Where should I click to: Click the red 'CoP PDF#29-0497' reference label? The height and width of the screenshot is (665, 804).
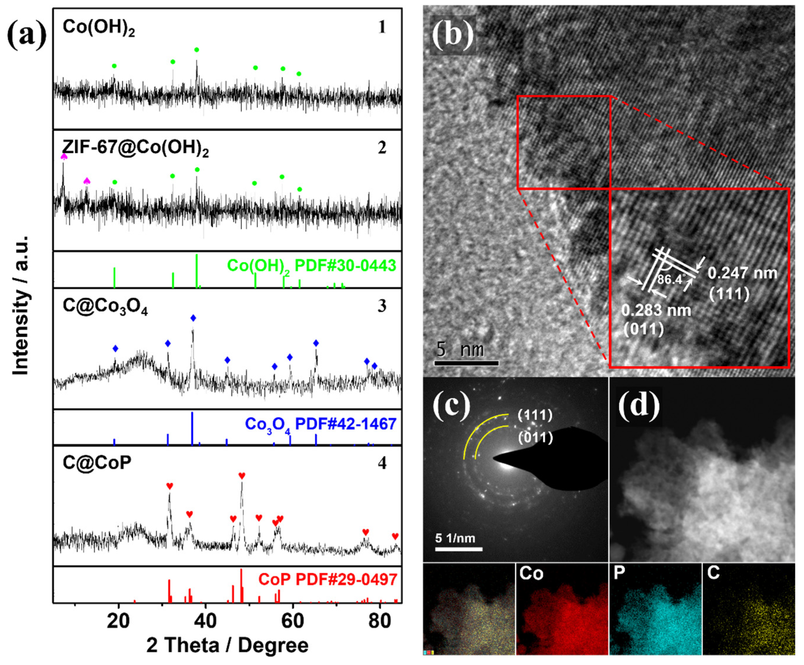coord(327,580)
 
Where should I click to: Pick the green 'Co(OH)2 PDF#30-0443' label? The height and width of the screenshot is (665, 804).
coord(311,266)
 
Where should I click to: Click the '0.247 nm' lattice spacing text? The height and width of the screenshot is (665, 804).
coord(742,273)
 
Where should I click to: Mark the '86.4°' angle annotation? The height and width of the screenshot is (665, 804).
coord(670,279)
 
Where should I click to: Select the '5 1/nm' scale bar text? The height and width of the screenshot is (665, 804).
coord(455,538)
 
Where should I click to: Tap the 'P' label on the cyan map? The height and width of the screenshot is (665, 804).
coord(619,573)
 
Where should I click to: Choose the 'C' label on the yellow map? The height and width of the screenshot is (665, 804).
coord(713,573)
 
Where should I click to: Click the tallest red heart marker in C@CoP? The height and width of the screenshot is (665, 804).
coord(242,476)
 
